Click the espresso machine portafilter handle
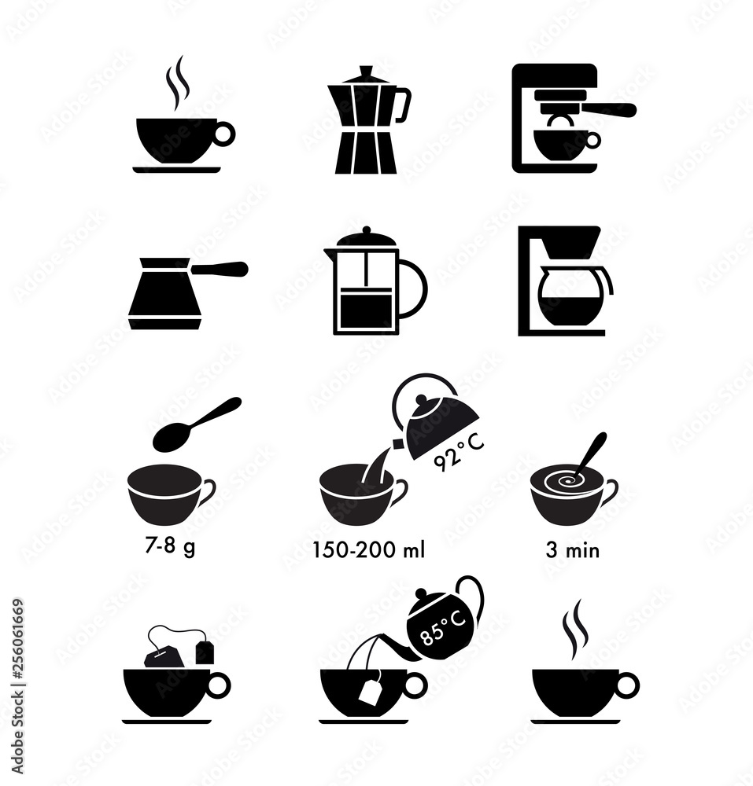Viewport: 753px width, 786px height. (x=610, y=110)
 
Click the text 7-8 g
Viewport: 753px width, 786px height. (x=170, y=546)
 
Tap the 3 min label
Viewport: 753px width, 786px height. (x=572, y=550)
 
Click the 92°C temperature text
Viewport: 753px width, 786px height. (x=460, y=453)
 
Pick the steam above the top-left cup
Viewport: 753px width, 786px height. (x=177, y=83)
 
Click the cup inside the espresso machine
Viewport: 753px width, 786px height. (x=563, y=142)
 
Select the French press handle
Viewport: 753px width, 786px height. (x=412, y=289)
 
